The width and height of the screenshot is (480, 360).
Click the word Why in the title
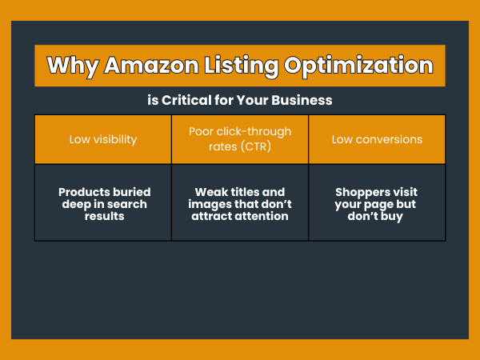pyautogui.click(x=70, y=65)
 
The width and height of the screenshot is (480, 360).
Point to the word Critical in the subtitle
pyautogui.click(x=183, y=101)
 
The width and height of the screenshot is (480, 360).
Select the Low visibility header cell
pyautogui.click(x=102, y=139)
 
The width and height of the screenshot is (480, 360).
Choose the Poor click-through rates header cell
pyautogui.click(x=240, y=139)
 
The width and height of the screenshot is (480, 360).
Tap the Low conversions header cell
pyautogui.click(x=377, y=139)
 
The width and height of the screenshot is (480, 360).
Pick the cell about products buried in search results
pyautogui.click(x=102, y=203)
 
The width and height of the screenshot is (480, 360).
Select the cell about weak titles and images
pyautogui.click(x=240, y=203)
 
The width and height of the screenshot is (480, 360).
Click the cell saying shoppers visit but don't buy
pyautogui.click(x=377, y=203)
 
